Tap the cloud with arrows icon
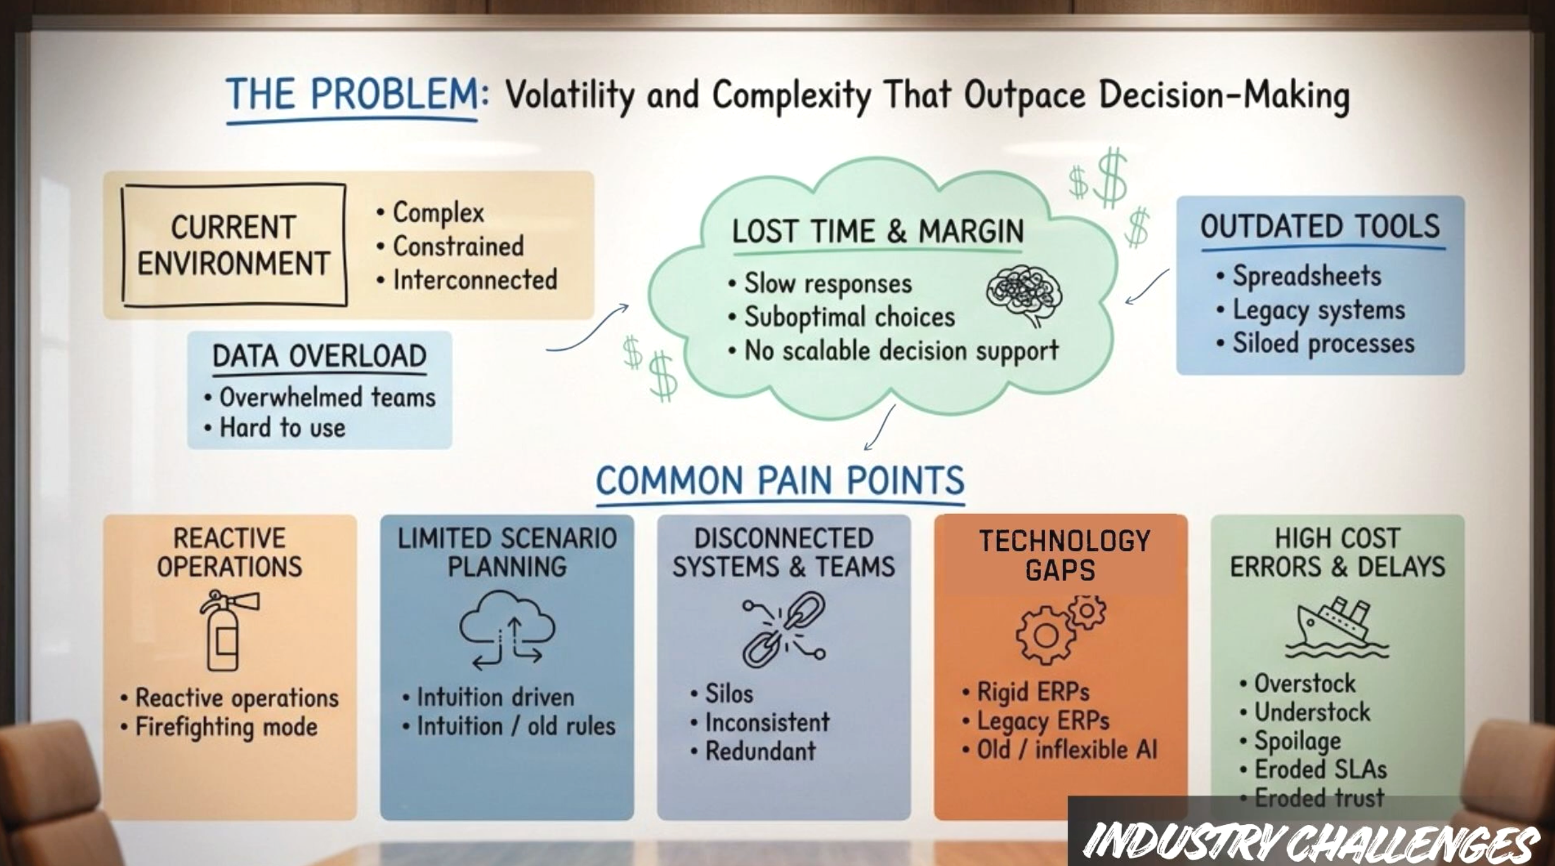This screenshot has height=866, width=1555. (507, 630)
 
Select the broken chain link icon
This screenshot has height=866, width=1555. (784, 630)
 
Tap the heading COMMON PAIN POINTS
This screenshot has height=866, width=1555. (780, 481)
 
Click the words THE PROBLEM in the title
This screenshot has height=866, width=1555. (352, 95)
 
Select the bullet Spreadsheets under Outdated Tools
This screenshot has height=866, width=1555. (1306, 276)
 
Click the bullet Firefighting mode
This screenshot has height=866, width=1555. (226, 727)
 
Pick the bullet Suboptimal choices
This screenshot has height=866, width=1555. (849, 317)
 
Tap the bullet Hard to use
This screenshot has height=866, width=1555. (282, 428)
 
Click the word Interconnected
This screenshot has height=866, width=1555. (475, 280)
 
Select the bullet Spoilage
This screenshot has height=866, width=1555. (1297, 741)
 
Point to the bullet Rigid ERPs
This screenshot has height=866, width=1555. (1033, 692)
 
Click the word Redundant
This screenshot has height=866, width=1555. (760, 751)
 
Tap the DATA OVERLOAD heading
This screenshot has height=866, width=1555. (319, 356)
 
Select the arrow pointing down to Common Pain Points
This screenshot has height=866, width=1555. (880, 428)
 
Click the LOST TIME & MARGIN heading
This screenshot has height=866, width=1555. (877, 231)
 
